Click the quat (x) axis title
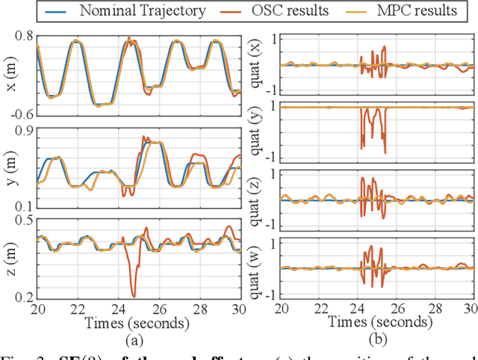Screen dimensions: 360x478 [x=258, y=64]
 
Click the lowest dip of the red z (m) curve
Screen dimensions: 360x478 [x=133, y=296]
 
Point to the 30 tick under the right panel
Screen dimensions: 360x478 [x=470, y=308]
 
